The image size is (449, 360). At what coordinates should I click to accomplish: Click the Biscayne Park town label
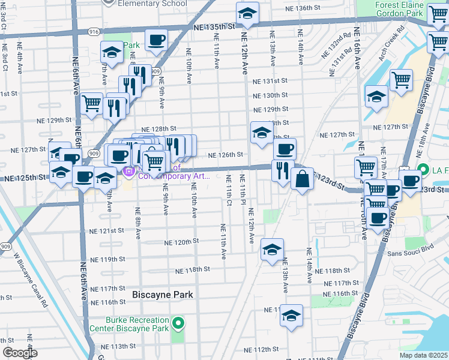point(162,295)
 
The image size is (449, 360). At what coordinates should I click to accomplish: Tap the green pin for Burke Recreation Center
point(178,324)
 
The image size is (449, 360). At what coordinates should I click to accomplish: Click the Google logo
point(20,353)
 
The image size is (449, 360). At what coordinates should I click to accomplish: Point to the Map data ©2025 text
point(424,355)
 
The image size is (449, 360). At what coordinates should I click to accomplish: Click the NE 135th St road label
point(214,27)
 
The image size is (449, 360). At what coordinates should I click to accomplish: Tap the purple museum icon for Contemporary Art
point(128,173)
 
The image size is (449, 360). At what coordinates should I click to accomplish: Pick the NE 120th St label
point(181,241)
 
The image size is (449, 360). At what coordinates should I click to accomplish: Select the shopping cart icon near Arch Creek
point(400,80)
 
